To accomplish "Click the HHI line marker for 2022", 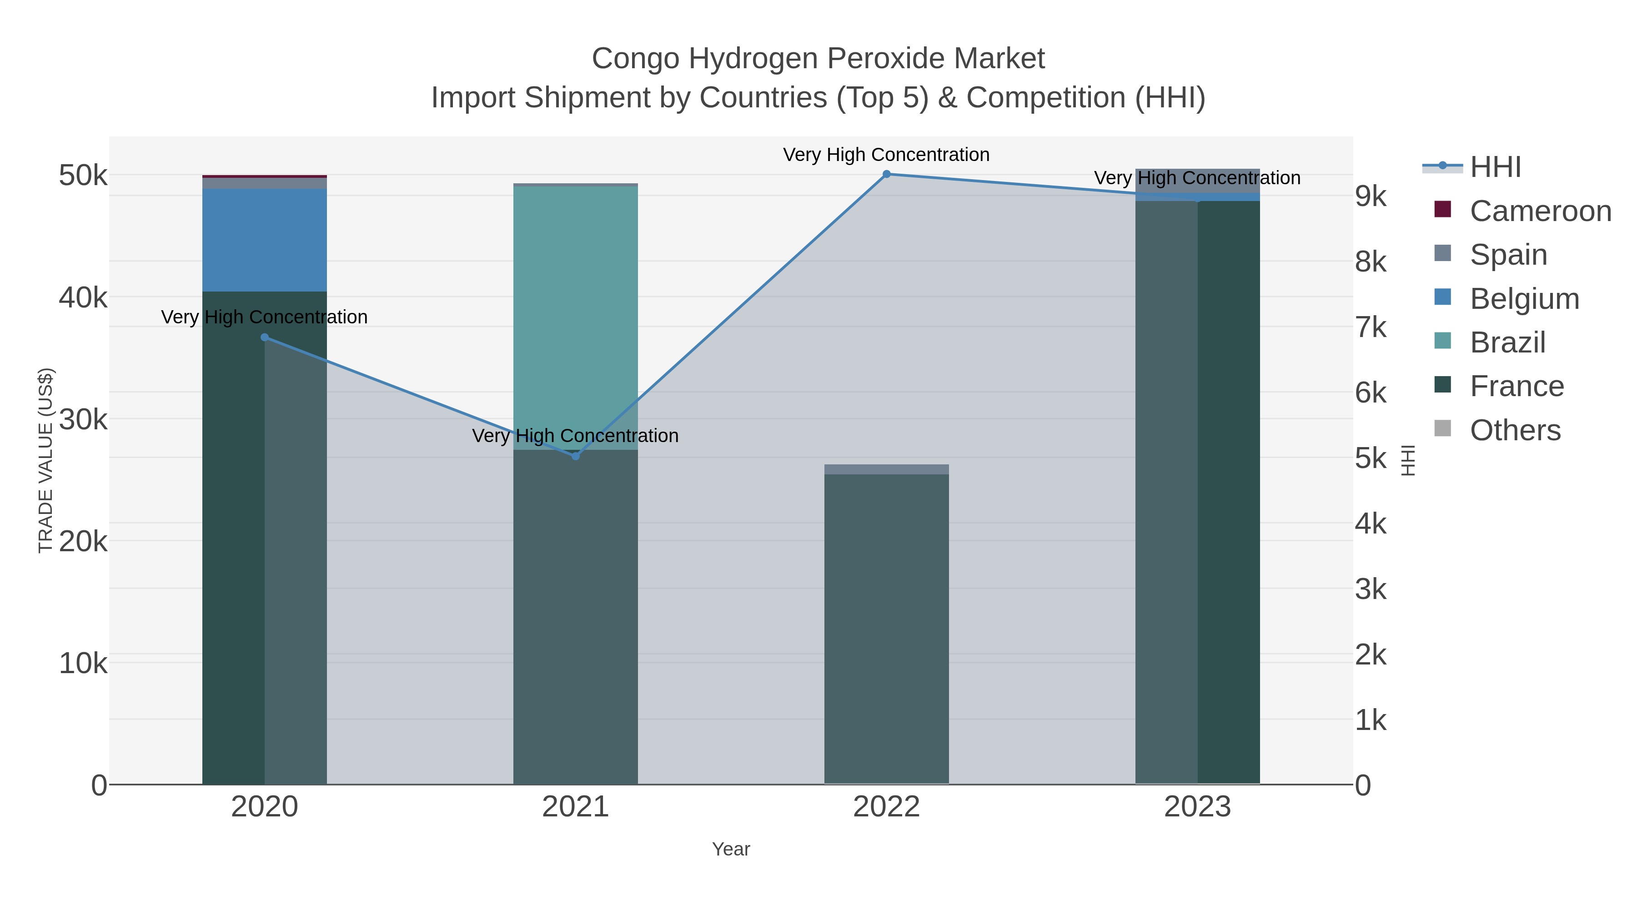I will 887,174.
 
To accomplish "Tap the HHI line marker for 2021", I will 576,456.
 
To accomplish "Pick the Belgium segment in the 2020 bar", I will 264,240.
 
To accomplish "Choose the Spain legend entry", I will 1508,255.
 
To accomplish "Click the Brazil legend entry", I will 1507,342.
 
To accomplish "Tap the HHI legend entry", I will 1495,167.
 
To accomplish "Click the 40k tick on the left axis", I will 83,297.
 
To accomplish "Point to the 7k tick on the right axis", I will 1371,328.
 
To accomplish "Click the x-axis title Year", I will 731,849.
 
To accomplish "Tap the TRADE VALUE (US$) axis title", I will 46,460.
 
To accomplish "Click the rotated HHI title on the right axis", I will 1408,460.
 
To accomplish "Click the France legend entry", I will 1516,387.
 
